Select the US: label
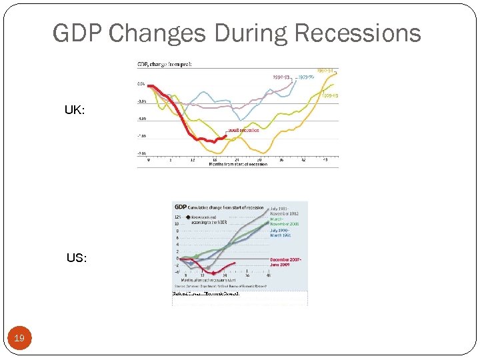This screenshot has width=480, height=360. [x=76, y=257]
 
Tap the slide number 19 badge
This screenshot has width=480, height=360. [x=19, y=339]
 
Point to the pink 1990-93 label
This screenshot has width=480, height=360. [x=281, y=77]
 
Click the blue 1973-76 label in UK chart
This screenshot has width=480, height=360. [x=306, y=77]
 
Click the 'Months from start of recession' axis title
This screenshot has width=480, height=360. [x=238, y=164]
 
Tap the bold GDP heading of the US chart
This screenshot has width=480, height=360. [x=180, y=207]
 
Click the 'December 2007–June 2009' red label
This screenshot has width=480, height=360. [x=287, y=261]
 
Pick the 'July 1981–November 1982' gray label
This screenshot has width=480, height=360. [x=285, y=210]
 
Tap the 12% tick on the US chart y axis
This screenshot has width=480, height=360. [x=177, y=217]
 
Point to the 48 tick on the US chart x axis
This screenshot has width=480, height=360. [x=268, y=275]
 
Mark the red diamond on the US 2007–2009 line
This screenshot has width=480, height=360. [x=213, y=273]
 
